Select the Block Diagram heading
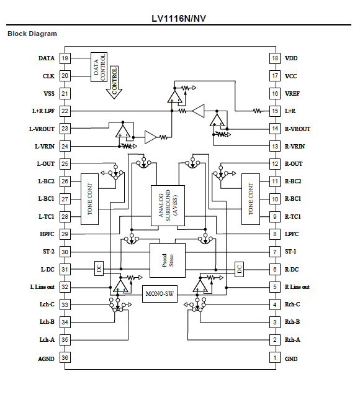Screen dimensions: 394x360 (x=32, y=34)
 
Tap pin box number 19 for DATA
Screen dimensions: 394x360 (x=65, y=58)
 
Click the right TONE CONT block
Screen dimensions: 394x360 (x=250, y=199)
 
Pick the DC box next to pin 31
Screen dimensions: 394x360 (x=98, y=268)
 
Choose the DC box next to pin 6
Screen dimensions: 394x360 (x=238, y=268)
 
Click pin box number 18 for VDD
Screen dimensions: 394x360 (x=274, y=58)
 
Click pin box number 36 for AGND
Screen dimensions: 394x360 (x=65, y=358)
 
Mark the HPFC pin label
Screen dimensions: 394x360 (x=45, y=234)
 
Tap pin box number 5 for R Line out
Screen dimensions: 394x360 (x=274, y=287)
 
